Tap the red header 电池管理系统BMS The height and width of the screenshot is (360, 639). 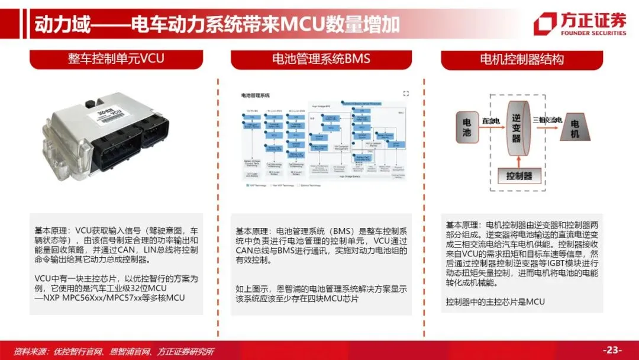coord(321,59)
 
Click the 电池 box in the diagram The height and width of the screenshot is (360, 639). coord(466,127)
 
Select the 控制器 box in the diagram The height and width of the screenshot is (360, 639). coord(518,176)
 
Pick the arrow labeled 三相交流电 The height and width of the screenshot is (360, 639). coord(546,122)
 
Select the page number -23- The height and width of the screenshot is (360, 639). coord(612,349)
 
